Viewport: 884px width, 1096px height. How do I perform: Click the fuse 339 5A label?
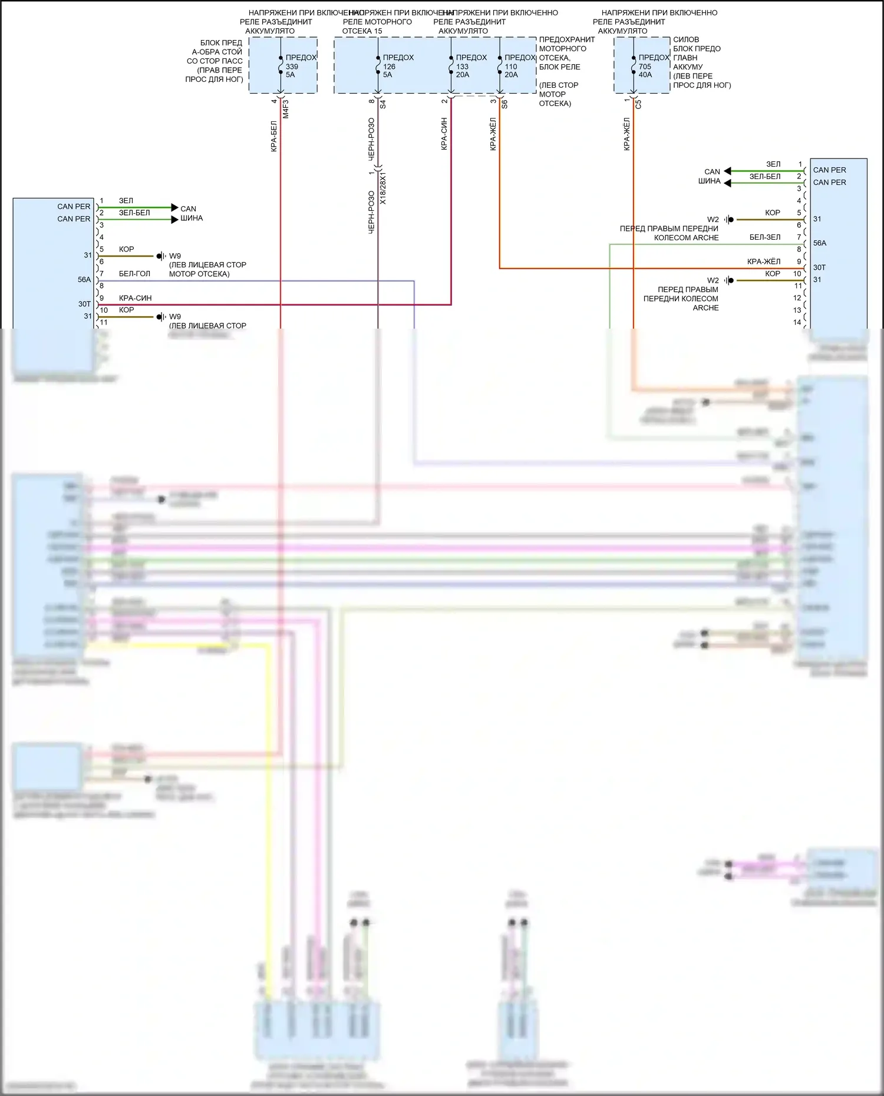(292, 67)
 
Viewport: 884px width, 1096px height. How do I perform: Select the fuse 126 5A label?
(390, 67)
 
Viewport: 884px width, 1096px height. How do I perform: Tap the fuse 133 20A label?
(463, 67)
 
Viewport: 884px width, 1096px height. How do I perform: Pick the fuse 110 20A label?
(512, 67)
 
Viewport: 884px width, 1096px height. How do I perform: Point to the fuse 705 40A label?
(646, 67)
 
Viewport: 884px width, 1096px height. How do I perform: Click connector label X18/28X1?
(382, 188)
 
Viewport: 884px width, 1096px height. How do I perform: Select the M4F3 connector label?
(286, 108)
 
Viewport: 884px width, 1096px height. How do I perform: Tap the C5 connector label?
(638, 104)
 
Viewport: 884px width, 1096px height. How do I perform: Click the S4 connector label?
(382, 104)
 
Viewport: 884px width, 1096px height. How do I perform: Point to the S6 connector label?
(504, 104)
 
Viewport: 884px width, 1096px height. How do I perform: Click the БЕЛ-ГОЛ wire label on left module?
(134, 274)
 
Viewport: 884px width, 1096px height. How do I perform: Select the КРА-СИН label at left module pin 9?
(135, 298)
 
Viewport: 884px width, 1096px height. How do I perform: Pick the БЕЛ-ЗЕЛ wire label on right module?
(764, 237)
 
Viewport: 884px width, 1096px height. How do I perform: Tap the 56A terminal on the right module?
(820, 243)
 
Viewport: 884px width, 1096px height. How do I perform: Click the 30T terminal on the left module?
(84, 304)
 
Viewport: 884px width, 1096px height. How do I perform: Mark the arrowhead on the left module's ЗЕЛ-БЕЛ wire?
(174, 220)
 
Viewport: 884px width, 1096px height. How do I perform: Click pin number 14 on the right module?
(797, 322)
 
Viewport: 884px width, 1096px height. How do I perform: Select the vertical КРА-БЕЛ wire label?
(274, 137)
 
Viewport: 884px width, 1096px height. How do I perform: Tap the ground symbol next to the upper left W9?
(160, 256)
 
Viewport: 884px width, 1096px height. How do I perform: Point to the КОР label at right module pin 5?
(772, 213)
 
